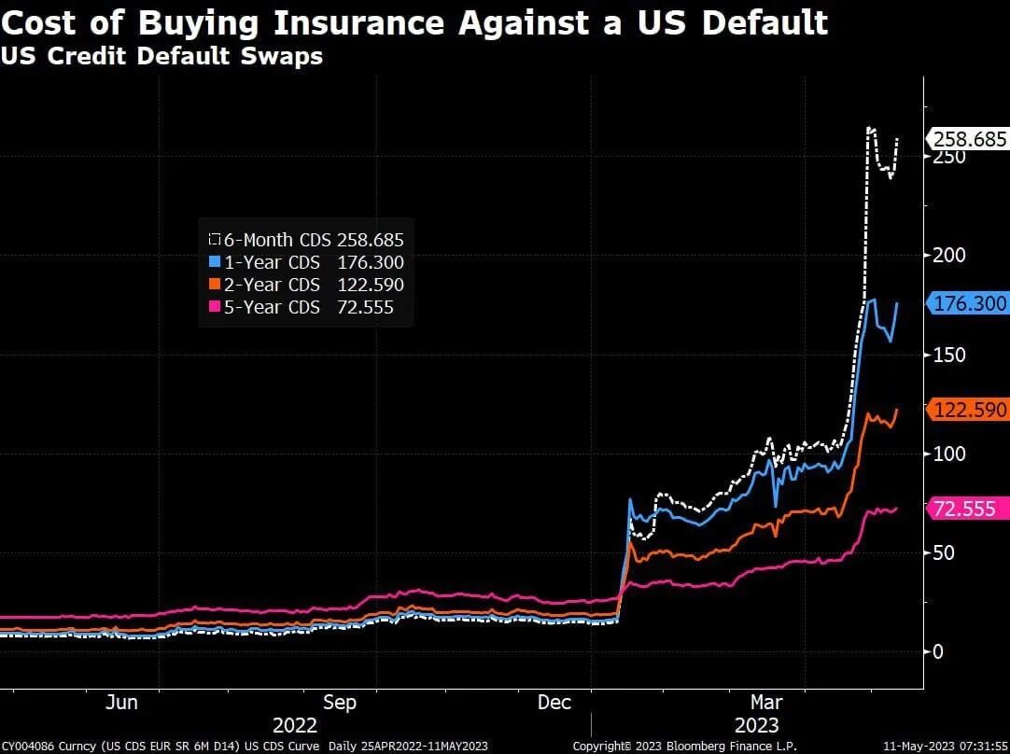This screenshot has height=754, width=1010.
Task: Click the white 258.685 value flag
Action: click(968, 140)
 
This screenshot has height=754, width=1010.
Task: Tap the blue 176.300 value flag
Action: click(968, 303)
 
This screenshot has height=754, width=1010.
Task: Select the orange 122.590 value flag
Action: click(968, 410)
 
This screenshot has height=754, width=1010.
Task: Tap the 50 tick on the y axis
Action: click(945, 552)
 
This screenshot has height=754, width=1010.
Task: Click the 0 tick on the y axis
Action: click(939, 651)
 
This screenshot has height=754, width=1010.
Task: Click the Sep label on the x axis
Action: click(339, 702)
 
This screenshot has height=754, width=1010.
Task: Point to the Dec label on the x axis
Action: click(554, 702)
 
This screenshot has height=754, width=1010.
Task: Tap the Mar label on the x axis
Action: click(767, 702)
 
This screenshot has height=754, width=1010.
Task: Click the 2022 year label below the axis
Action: click(295, 725)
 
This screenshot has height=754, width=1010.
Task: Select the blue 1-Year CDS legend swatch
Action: click(215, 262)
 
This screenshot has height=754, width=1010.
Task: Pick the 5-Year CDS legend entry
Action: click(308, 307)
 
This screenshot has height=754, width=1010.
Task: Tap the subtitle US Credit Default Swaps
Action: click(161, 56)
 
